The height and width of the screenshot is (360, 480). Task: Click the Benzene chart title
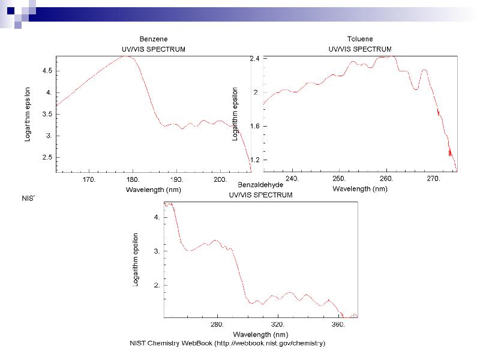pyautogui.click(x=149, y=39)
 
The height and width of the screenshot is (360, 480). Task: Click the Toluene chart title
pyautogui.click(x=360, y=39)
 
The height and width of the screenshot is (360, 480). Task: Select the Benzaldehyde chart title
pyautogui.click(x=260, y=185)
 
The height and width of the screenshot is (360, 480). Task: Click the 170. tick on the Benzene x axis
pyautogui.click(x=89, y=179)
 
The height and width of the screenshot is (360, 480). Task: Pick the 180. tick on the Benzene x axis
pyautogui.click(x=133, y=179)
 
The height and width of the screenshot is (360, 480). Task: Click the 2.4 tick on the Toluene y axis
pyautogui.click(x=254, y=59)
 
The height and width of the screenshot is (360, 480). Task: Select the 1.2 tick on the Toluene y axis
pyautogui.click(x=254, y=160)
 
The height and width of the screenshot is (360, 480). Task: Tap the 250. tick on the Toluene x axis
pyautogui.click(x=339, y=179)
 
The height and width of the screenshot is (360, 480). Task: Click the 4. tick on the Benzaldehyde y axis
pyautogui.click(x=157, y=218)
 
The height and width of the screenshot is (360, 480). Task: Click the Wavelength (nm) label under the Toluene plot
pyautogui.click(x=360, y=188)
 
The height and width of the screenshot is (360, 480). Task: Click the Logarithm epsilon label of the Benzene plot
pyautogui.click(x=28, y=114)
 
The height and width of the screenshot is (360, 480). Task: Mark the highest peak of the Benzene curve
pyautogui.click(x=127, y=56)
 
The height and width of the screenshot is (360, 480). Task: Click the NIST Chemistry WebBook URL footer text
pyautogui.click(x=227, y=343)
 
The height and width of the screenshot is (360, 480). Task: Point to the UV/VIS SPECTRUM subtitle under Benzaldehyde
pyautogui.click(x=260, y=195)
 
